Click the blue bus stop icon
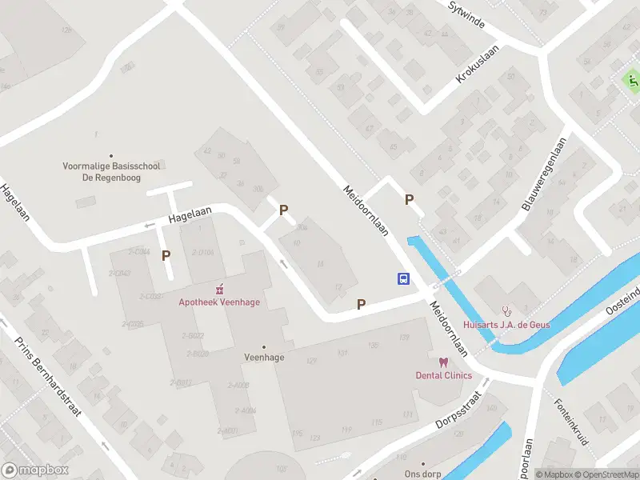405,278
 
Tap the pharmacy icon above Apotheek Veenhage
219,289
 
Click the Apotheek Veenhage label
219,302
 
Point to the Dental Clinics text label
443,375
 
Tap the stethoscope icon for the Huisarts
505,310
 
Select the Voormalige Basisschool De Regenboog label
112,172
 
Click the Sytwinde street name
467,14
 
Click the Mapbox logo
35,470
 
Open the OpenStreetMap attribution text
606,474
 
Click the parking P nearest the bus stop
361,304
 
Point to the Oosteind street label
622,294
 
